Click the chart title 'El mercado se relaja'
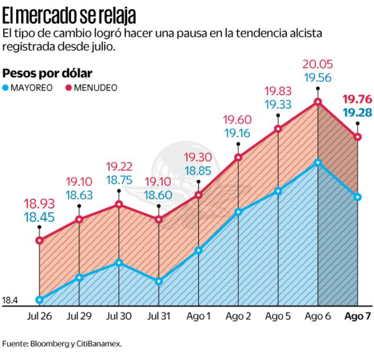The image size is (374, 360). click(x=70, y=13)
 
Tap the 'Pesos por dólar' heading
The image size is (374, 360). click(x=48, y=74)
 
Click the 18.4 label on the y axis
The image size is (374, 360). click(x=10, y=300)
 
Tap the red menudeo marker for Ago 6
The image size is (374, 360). click(x=318, y=102)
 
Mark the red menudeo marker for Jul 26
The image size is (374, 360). click(x=39, y=240)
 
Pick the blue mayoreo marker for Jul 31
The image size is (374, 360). click(x=159, y=281)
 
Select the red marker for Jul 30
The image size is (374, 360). click(x=119, y=204)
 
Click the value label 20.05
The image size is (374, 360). click(x=318, y=65)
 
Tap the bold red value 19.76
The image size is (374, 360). click(x=357, y=99)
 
